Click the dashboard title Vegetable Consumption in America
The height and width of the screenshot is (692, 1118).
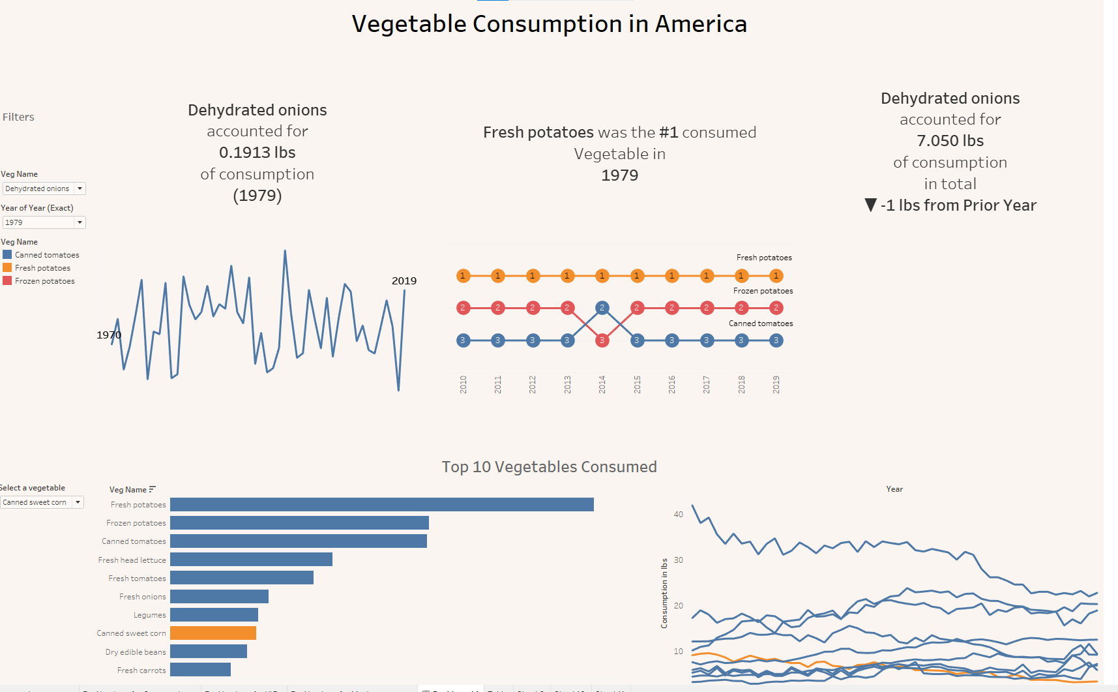coord(549,24)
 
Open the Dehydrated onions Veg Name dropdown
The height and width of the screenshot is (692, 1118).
coord(80,188)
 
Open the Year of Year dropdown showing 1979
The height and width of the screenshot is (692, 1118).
coord(80,222)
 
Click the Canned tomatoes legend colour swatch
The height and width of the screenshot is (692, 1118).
coord(7,254)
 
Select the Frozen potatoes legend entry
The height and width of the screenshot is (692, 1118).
coord(44,281)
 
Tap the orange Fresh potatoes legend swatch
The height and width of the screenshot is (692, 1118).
coord(7,267)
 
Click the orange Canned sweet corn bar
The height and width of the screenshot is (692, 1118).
coord(213,633)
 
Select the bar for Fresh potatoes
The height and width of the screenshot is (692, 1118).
coord(381,504)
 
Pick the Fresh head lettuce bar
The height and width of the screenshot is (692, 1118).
coord(251,560)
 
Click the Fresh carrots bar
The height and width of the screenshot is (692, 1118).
coord(200,670)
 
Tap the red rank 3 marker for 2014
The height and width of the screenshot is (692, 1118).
coord(602,340)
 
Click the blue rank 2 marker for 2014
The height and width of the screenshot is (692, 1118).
coord(602,307)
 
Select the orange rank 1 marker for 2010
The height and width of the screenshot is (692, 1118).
coord(463,276)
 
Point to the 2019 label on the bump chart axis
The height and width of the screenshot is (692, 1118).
coord(776,384)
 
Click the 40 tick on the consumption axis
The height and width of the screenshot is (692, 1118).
coord(678,515)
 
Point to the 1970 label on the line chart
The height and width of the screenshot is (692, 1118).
coord(109,335)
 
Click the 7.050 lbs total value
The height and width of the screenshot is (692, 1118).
coord(950,141)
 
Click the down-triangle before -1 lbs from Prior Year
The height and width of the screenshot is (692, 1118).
coord(870,205)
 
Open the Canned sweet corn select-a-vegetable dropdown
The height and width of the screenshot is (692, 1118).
coord(78,502)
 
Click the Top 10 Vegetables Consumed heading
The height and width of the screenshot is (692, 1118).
coord(549,467)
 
